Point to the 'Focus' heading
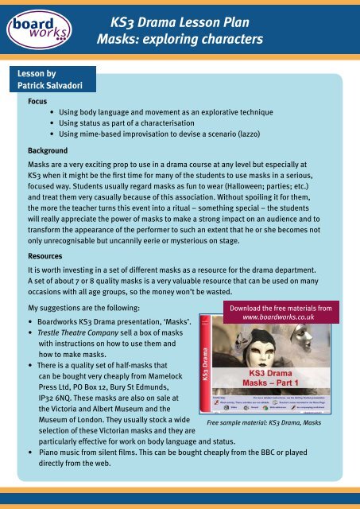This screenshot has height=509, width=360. coord(35,103)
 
